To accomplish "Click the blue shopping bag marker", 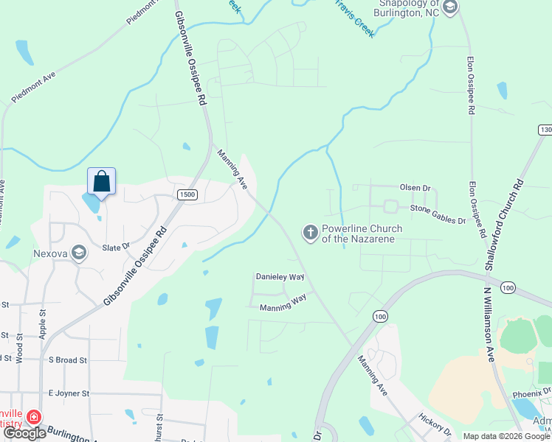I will pos(102,181).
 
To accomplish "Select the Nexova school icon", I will pos(78,254).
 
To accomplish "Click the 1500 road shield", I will pos(187,194).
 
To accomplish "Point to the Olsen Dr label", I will pos(415,188).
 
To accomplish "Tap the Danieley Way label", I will pos(280,276).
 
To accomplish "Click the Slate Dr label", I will pos(116,247).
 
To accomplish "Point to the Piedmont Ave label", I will pos(34,88).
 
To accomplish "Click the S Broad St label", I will pos(67,360).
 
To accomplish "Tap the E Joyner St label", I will pos(68,393).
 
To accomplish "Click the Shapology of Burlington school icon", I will pos(451,7).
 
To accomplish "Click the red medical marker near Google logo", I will pos(33,418).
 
